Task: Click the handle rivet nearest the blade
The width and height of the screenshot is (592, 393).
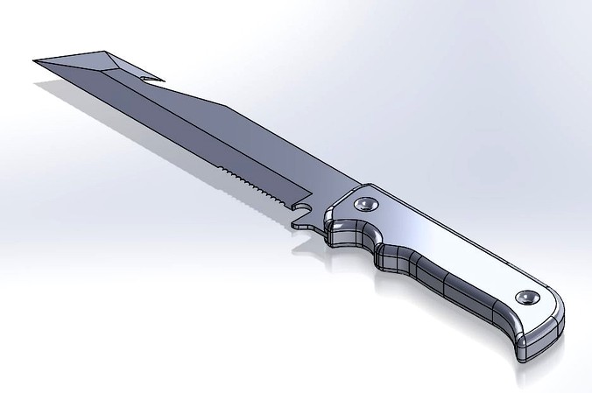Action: pos(365,206)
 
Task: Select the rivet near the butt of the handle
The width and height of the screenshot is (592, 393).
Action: pos(527,298)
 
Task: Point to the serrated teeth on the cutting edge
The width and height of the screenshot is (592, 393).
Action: pos(258,185)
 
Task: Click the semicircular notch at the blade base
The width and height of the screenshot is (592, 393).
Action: pos(302,207)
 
